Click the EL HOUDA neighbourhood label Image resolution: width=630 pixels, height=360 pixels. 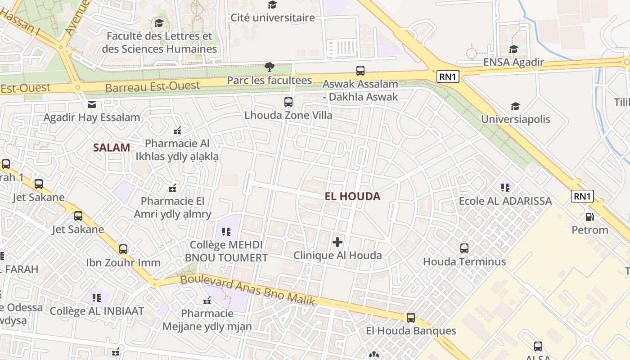[x=352, y=196]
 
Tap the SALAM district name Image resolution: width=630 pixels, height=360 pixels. [x=112, y=147]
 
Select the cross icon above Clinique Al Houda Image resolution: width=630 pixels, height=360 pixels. [x=337, y=243]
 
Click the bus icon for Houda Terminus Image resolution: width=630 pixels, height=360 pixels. [x=464, y=248]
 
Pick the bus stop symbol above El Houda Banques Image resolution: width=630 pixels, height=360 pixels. [x=411, y=318]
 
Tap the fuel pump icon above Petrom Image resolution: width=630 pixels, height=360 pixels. [x=589, y=217]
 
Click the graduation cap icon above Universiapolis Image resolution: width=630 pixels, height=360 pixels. [x=515, y=107]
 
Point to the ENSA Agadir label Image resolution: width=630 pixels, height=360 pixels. [x=513, y=62]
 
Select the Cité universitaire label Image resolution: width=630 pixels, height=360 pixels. [x=273, y=18]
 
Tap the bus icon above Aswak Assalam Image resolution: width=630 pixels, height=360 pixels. [x=360, y=71]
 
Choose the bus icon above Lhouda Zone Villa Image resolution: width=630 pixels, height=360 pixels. [x=288, y=102]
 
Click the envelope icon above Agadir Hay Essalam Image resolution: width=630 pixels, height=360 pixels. [x=92, y=105]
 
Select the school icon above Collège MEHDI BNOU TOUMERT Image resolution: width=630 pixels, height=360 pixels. [x=226, y=232]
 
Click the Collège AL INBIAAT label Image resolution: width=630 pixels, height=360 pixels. [x=97, y=311]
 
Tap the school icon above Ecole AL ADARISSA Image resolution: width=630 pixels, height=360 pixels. [x=505, y=187]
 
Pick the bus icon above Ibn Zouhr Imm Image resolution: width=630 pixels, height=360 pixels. [x=123, y=249]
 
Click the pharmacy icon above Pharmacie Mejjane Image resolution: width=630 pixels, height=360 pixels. [x=207, y=300]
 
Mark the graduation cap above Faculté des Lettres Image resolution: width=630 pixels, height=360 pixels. [x=159, y=23]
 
